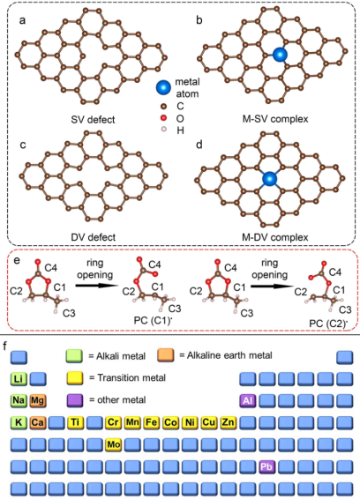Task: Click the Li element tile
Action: pos(19,379)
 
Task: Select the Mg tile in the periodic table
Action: pos(38,400)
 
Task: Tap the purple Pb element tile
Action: pos(266,467)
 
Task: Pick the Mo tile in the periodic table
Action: pos(114,444)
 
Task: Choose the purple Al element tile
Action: pos(248,400)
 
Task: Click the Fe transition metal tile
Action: pos(152,422)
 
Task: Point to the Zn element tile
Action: pos(229,422)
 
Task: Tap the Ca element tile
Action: pos(38,422)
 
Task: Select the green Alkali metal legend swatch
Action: pos(74,356)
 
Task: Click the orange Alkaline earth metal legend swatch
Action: pos(166,355)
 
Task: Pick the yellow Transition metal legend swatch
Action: pos(75,378)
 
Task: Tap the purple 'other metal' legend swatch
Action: pos(75,400)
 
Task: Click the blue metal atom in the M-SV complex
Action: pos(280,55)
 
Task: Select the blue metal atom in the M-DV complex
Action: pos(269,179)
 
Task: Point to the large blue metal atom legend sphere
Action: pos(164,87)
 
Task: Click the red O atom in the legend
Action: pos(164,118)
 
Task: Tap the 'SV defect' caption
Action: pos(93,120)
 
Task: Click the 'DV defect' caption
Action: pos(93,237)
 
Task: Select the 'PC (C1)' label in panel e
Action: pos(154,320)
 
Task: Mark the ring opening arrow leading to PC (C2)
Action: pos(272,287)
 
